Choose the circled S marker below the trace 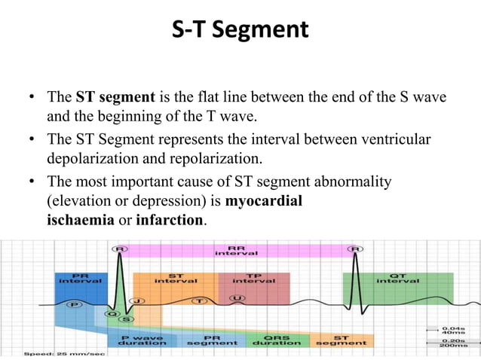124,320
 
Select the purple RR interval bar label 235,250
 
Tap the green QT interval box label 397,277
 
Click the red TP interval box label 253,277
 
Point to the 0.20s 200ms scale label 453,342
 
